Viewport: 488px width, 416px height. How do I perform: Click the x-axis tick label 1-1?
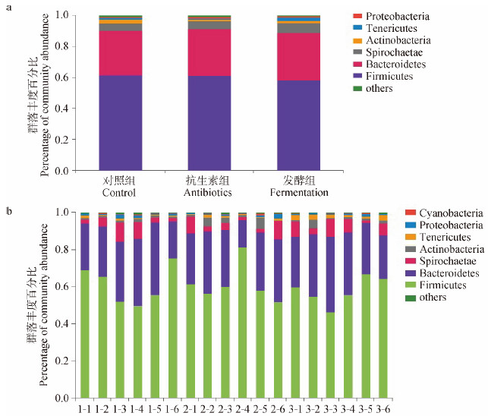(x=86, y=410)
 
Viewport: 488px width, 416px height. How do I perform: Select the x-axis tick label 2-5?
(x=260, y=410)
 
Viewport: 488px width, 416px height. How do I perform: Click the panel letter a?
(x=8, y=6)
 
